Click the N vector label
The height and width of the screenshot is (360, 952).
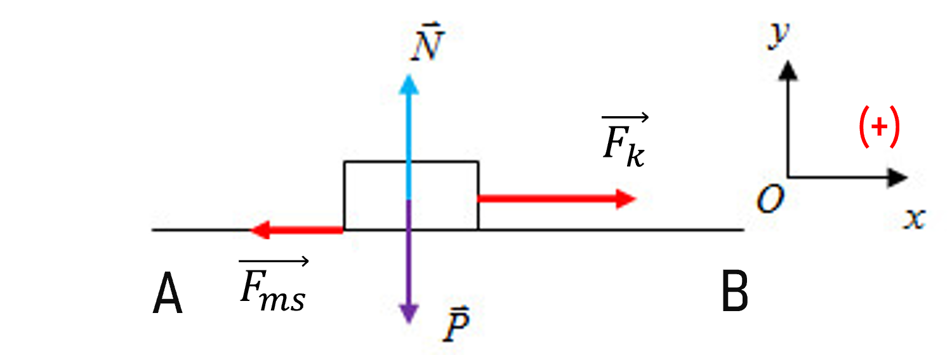click(x=428, y=43)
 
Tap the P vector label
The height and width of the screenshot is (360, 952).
click(x=456, y=324)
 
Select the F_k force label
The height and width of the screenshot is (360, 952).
click(x=625, y=140)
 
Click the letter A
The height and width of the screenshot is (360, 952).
click(x=168, y=293)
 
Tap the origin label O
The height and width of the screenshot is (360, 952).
click(x=770, y=199)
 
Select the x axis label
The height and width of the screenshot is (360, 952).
click(x=915, y=219)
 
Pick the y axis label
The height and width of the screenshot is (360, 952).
click(x=779, y=35)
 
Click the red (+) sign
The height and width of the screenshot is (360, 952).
click(x=879, y=126)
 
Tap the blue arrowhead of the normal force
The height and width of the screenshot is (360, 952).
click(x=409, y=84)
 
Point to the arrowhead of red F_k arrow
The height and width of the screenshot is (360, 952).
click(x=626, y=199)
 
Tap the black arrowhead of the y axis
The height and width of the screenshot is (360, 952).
click(x=788, y=70)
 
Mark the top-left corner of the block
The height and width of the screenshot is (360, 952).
click(x=344, y=161)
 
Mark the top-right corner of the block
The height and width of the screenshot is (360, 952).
click(x=479, y=161)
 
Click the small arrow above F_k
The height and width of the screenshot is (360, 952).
click(x=625, y=117)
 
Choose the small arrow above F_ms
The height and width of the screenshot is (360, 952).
click(x=274, y=261)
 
